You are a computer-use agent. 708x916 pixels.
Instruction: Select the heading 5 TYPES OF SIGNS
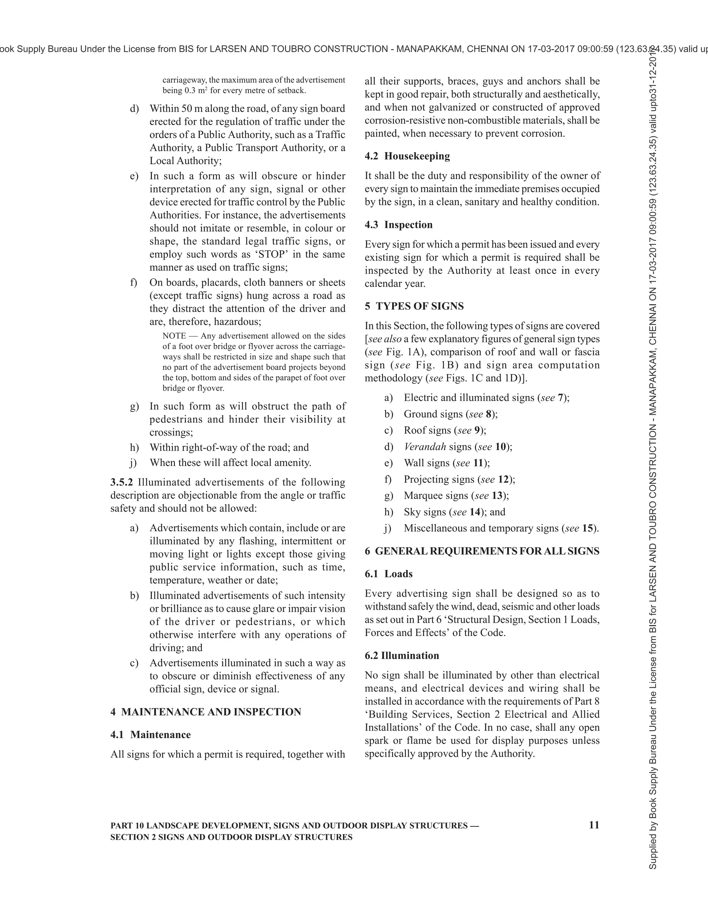(413, 306)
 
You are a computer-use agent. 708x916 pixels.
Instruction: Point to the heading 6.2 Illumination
(401, 655)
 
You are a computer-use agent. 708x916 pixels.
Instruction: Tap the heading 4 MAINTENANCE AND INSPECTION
(206, 712)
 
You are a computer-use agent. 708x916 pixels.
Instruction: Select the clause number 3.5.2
(122, 482)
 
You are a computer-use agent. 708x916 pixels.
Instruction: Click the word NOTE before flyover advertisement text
(174, 336)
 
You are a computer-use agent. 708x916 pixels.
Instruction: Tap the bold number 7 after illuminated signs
(560, 398)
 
